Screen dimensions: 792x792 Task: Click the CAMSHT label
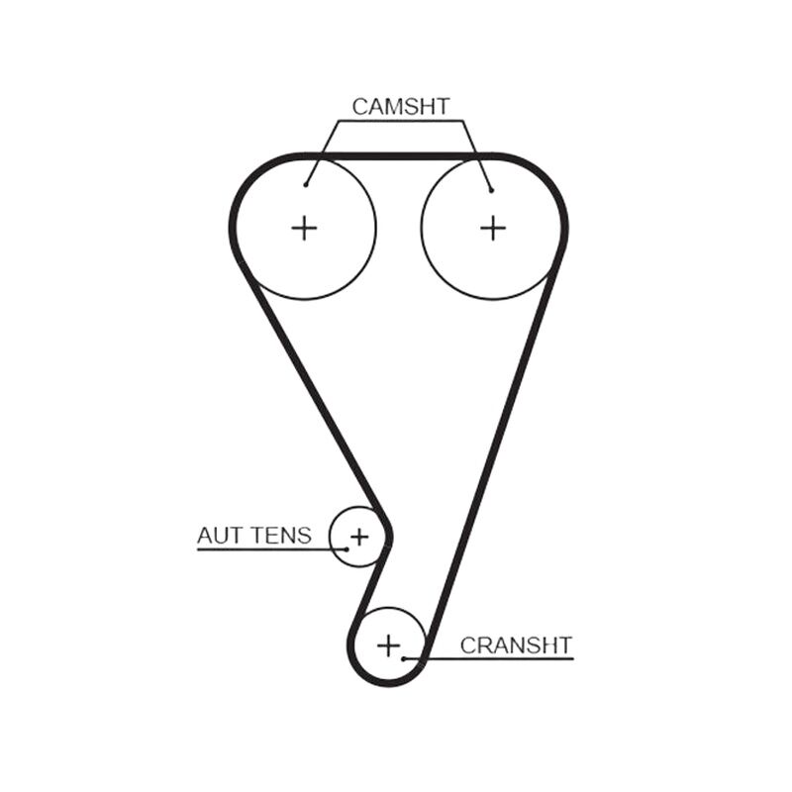tap(401, 107)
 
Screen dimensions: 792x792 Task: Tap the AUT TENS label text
tap(254, 536)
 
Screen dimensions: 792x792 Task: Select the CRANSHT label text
tap(516, 645)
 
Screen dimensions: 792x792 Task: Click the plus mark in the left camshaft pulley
tap(304, 229)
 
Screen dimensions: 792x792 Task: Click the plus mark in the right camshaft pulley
tap(493, 229)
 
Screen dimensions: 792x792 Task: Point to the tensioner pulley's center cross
tap(359, 537)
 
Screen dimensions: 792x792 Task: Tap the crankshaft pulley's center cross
tap(388, 645)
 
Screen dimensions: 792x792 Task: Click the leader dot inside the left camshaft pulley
tap(306, 185)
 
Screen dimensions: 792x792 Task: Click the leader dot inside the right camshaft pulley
tap(491, 190)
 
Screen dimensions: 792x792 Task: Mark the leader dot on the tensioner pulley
tap(347, 549)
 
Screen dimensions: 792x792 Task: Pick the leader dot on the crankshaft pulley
tap(403, 658)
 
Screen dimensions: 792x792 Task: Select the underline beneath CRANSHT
tap(488, 658)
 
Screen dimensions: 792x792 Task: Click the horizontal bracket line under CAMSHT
tap(401, 121)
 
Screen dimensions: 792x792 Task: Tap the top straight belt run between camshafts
tap(398, 156)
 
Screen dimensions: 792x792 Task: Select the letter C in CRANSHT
tap(467, 645)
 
